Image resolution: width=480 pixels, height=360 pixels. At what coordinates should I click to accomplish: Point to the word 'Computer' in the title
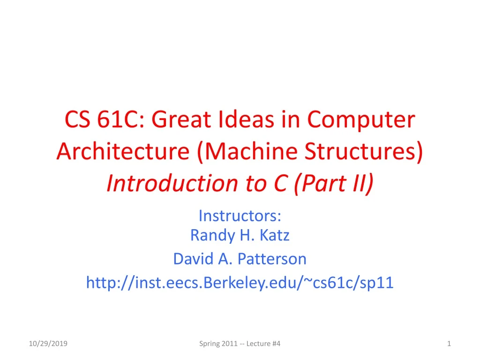361,120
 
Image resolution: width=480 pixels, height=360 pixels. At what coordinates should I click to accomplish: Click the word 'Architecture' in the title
124,152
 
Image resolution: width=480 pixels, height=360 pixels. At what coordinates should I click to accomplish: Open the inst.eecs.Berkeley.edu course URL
240,282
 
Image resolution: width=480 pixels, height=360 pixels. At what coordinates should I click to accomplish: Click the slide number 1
449,344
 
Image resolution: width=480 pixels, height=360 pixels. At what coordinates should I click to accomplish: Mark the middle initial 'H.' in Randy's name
245,235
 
